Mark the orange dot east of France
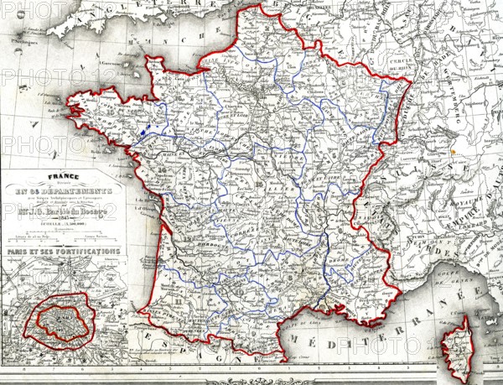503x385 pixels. coord(454,153)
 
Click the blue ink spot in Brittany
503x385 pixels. coord(146,131)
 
